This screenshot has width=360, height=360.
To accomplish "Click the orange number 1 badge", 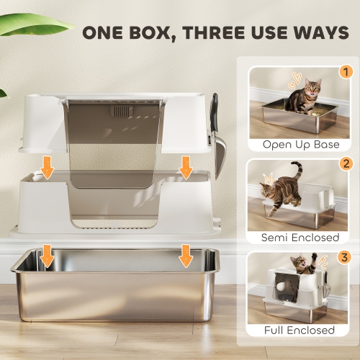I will pos(346,72).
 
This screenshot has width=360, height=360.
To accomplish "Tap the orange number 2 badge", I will pos(346,164).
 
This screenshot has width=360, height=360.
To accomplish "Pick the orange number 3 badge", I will pos(346,257).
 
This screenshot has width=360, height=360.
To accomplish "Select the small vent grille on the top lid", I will pos(121,112).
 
